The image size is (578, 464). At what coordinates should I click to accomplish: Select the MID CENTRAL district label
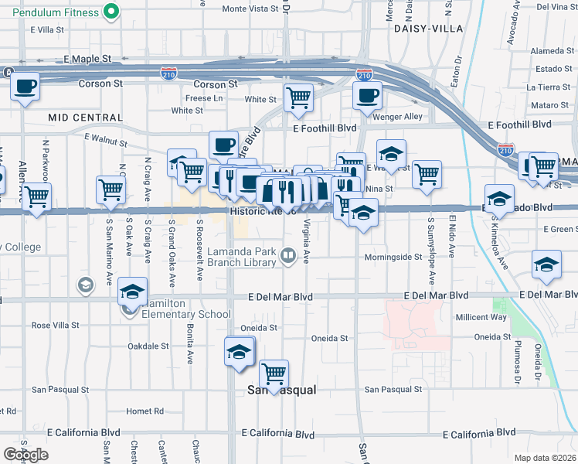point(84,118)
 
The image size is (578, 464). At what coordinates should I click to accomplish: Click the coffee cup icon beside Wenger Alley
point(367,96)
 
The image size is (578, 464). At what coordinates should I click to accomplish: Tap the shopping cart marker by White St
point(298,97)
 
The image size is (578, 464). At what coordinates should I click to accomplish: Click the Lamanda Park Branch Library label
point(241,257)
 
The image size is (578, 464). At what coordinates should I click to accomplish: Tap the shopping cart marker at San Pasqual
point(274,374)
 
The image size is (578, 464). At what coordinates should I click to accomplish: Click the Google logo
point(25,455)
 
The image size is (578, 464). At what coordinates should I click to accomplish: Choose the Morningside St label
point(393,257)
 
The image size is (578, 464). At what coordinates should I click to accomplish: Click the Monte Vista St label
point(249,9)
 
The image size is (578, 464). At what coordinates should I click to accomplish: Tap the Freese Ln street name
point(204,98)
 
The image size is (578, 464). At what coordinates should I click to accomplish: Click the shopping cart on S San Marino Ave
point(111,189)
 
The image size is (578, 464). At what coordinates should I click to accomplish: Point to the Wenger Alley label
point(397,117)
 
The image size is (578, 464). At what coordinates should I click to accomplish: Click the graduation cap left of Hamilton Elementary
point(133,293)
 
